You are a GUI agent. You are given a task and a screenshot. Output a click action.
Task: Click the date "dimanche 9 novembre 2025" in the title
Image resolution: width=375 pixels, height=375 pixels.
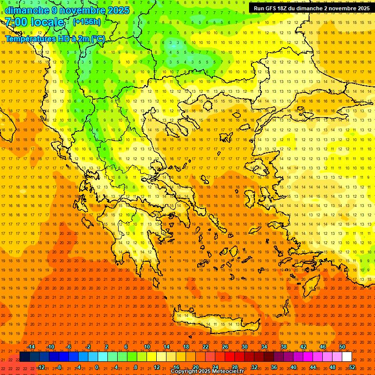[67, 10]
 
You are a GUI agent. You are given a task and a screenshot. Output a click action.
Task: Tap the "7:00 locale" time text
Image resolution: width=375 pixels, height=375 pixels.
[35, 22]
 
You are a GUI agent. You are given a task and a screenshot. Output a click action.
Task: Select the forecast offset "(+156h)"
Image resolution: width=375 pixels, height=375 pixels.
[87, 21]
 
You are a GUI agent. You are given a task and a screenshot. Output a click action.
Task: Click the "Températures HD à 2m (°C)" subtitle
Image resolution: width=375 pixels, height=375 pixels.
[55, 39]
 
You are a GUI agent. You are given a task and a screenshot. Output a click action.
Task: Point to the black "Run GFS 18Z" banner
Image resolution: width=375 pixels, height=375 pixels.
[312, 8]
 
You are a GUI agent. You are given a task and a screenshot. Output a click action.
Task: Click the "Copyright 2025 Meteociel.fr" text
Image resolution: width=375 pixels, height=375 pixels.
[207, 372]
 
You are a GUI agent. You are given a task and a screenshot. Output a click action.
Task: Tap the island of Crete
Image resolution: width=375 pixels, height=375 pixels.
[215, 319]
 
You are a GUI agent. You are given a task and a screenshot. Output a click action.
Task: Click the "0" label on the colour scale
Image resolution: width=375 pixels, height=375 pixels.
[97, 367]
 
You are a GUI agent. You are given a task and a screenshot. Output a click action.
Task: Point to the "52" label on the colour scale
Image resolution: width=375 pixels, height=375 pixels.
[352, 367]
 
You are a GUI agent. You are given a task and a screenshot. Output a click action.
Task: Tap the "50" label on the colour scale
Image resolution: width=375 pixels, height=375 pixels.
[342, 347]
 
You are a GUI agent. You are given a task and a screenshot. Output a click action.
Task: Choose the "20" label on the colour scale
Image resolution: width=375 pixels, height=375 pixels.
[195, 367]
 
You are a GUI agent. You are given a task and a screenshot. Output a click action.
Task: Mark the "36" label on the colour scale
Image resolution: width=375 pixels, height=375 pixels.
[274, 367]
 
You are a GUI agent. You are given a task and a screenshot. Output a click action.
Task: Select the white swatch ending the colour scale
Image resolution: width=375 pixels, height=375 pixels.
[347, 357]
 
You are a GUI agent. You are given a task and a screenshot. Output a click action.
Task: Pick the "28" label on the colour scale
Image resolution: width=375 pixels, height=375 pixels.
[234, 367]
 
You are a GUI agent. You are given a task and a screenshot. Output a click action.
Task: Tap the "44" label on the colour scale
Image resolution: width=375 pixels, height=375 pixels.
[313, 367]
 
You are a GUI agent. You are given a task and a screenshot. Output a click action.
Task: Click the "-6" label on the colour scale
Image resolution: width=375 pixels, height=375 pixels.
[69, 347]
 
